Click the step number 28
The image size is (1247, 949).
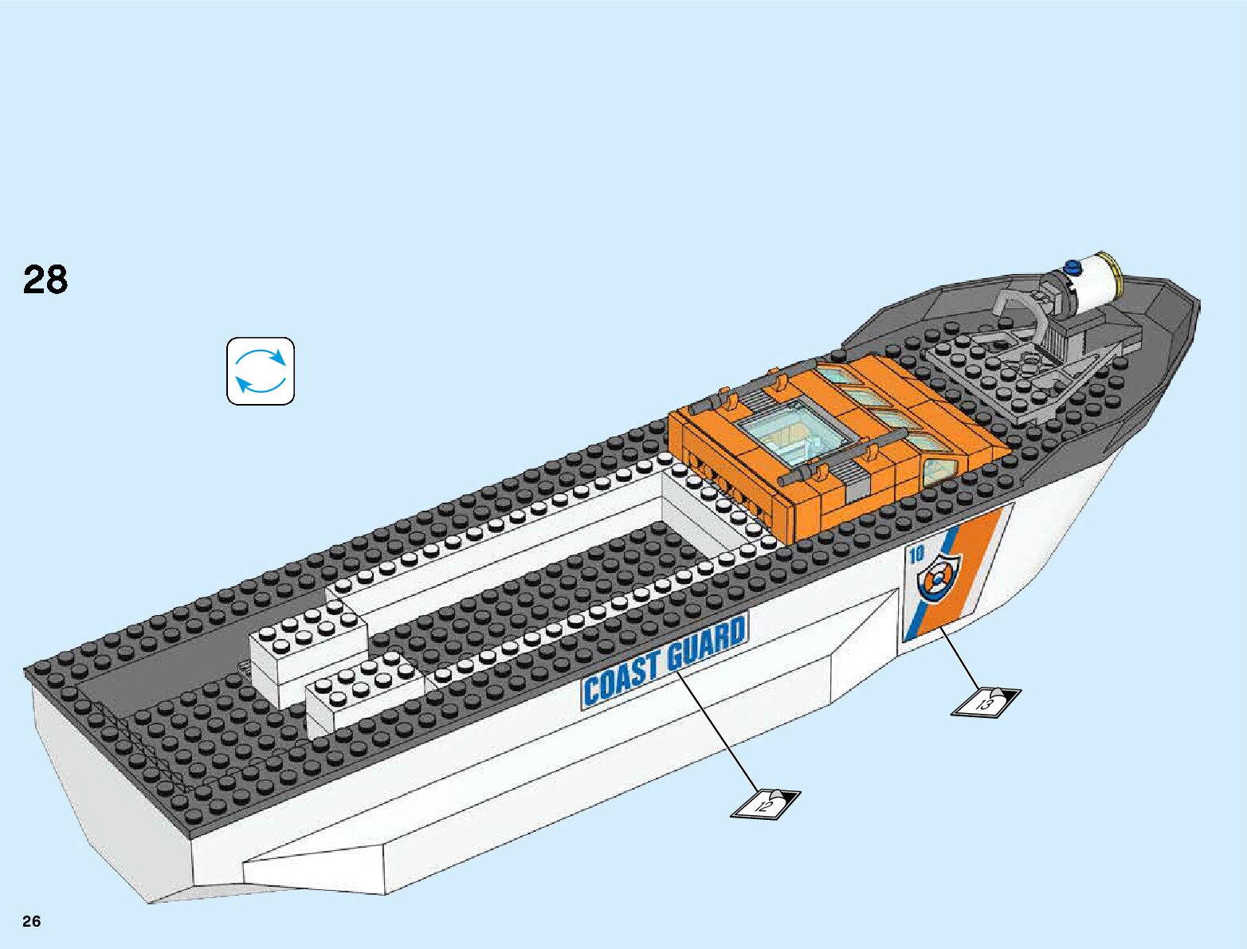coord(45,280)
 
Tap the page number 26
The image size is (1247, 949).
coord(32,921)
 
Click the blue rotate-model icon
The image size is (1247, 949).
coord(261,371)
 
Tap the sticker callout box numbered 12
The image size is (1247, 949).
coord(765,802)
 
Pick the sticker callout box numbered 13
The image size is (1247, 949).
coord(986,701)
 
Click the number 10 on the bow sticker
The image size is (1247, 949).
coord(916,555)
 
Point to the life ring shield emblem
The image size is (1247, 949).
coord(939,575)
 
